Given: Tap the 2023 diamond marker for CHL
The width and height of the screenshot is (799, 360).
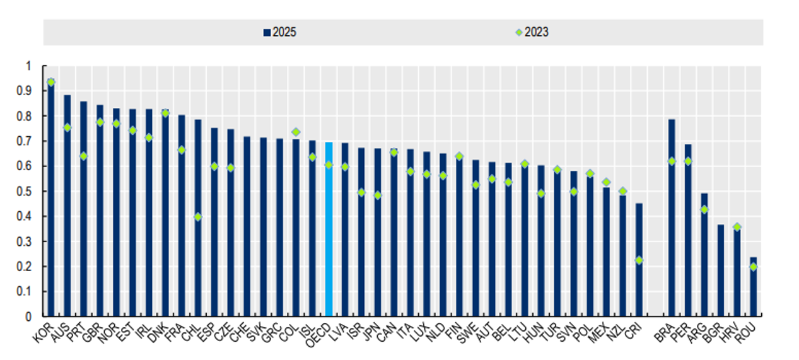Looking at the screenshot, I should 197,217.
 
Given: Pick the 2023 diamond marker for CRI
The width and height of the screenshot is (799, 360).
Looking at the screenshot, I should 639,260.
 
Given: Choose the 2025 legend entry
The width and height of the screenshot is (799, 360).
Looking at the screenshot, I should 279,32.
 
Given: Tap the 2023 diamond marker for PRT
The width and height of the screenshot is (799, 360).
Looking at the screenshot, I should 83,156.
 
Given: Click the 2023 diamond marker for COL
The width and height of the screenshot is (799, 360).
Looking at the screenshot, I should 295,132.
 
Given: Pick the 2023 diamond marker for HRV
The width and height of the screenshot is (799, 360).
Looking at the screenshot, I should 737,227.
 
